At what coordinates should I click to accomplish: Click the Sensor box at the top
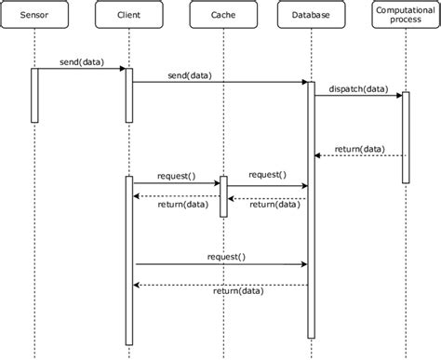coord(34,16)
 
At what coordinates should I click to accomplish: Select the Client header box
coord(129,16)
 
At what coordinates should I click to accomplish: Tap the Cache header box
coord(222,16)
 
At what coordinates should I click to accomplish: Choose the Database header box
coord(311,16)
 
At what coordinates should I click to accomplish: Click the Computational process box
coord(405,16)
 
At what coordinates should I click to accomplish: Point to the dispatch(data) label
coord(358,89)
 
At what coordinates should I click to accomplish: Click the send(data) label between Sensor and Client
coord(80,62)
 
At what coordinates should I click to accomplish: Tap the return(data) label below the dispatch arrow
coord(358,148)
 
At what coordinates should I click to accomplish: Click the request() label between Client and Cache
coord(176,175)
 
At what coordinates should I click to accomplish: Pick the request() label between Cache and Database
coord(267,174)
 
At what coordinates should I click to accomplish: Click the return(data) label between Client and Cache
coord(183,206)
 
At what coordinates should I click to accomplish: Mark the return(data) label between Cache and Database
coord(274,206)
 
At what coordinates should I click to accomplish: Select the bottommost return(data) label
coord(237,291)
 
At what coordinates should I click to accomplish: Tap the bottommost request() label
coord(226,255)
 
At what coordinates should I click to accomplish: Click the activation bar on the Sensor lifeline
coord(34,95)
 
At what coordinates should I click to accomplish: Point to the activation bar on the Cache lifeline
coord(222,196)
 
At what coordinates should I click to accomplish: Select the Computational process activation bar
coord(406,137)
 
